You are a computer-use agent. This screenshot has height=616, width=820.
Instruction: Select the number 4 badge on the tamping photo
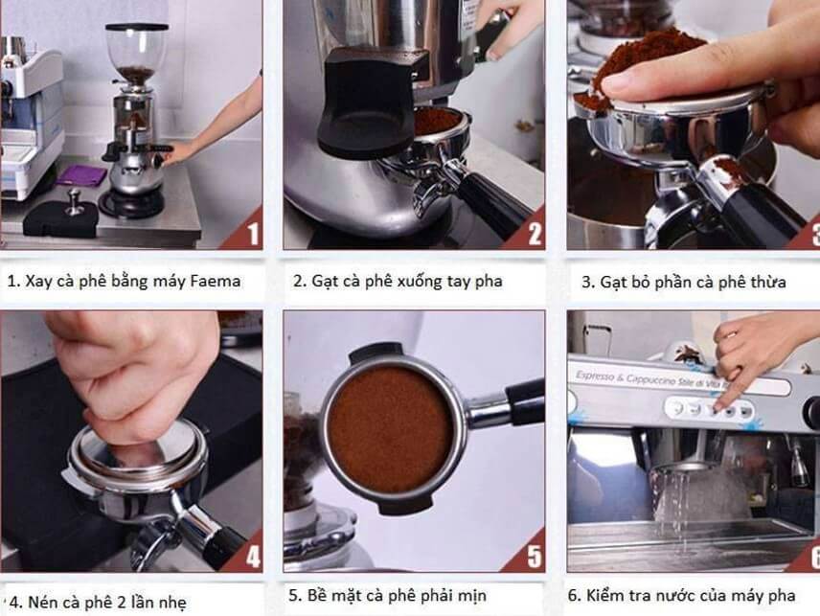(x=252, y=557)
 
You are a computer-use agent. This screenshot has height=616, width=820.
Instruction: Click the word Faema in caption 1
(x=214, y=281)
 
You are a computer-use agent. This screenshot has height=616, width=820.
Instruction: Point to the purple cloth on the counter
(x=80, y=175)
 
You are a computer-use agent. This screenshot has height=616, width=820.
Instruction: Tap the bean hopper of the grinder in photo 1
(x=136, y=53)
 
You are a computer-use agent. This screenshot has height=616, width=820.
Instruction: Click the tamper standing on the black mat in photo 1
(x=73, y=202)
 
